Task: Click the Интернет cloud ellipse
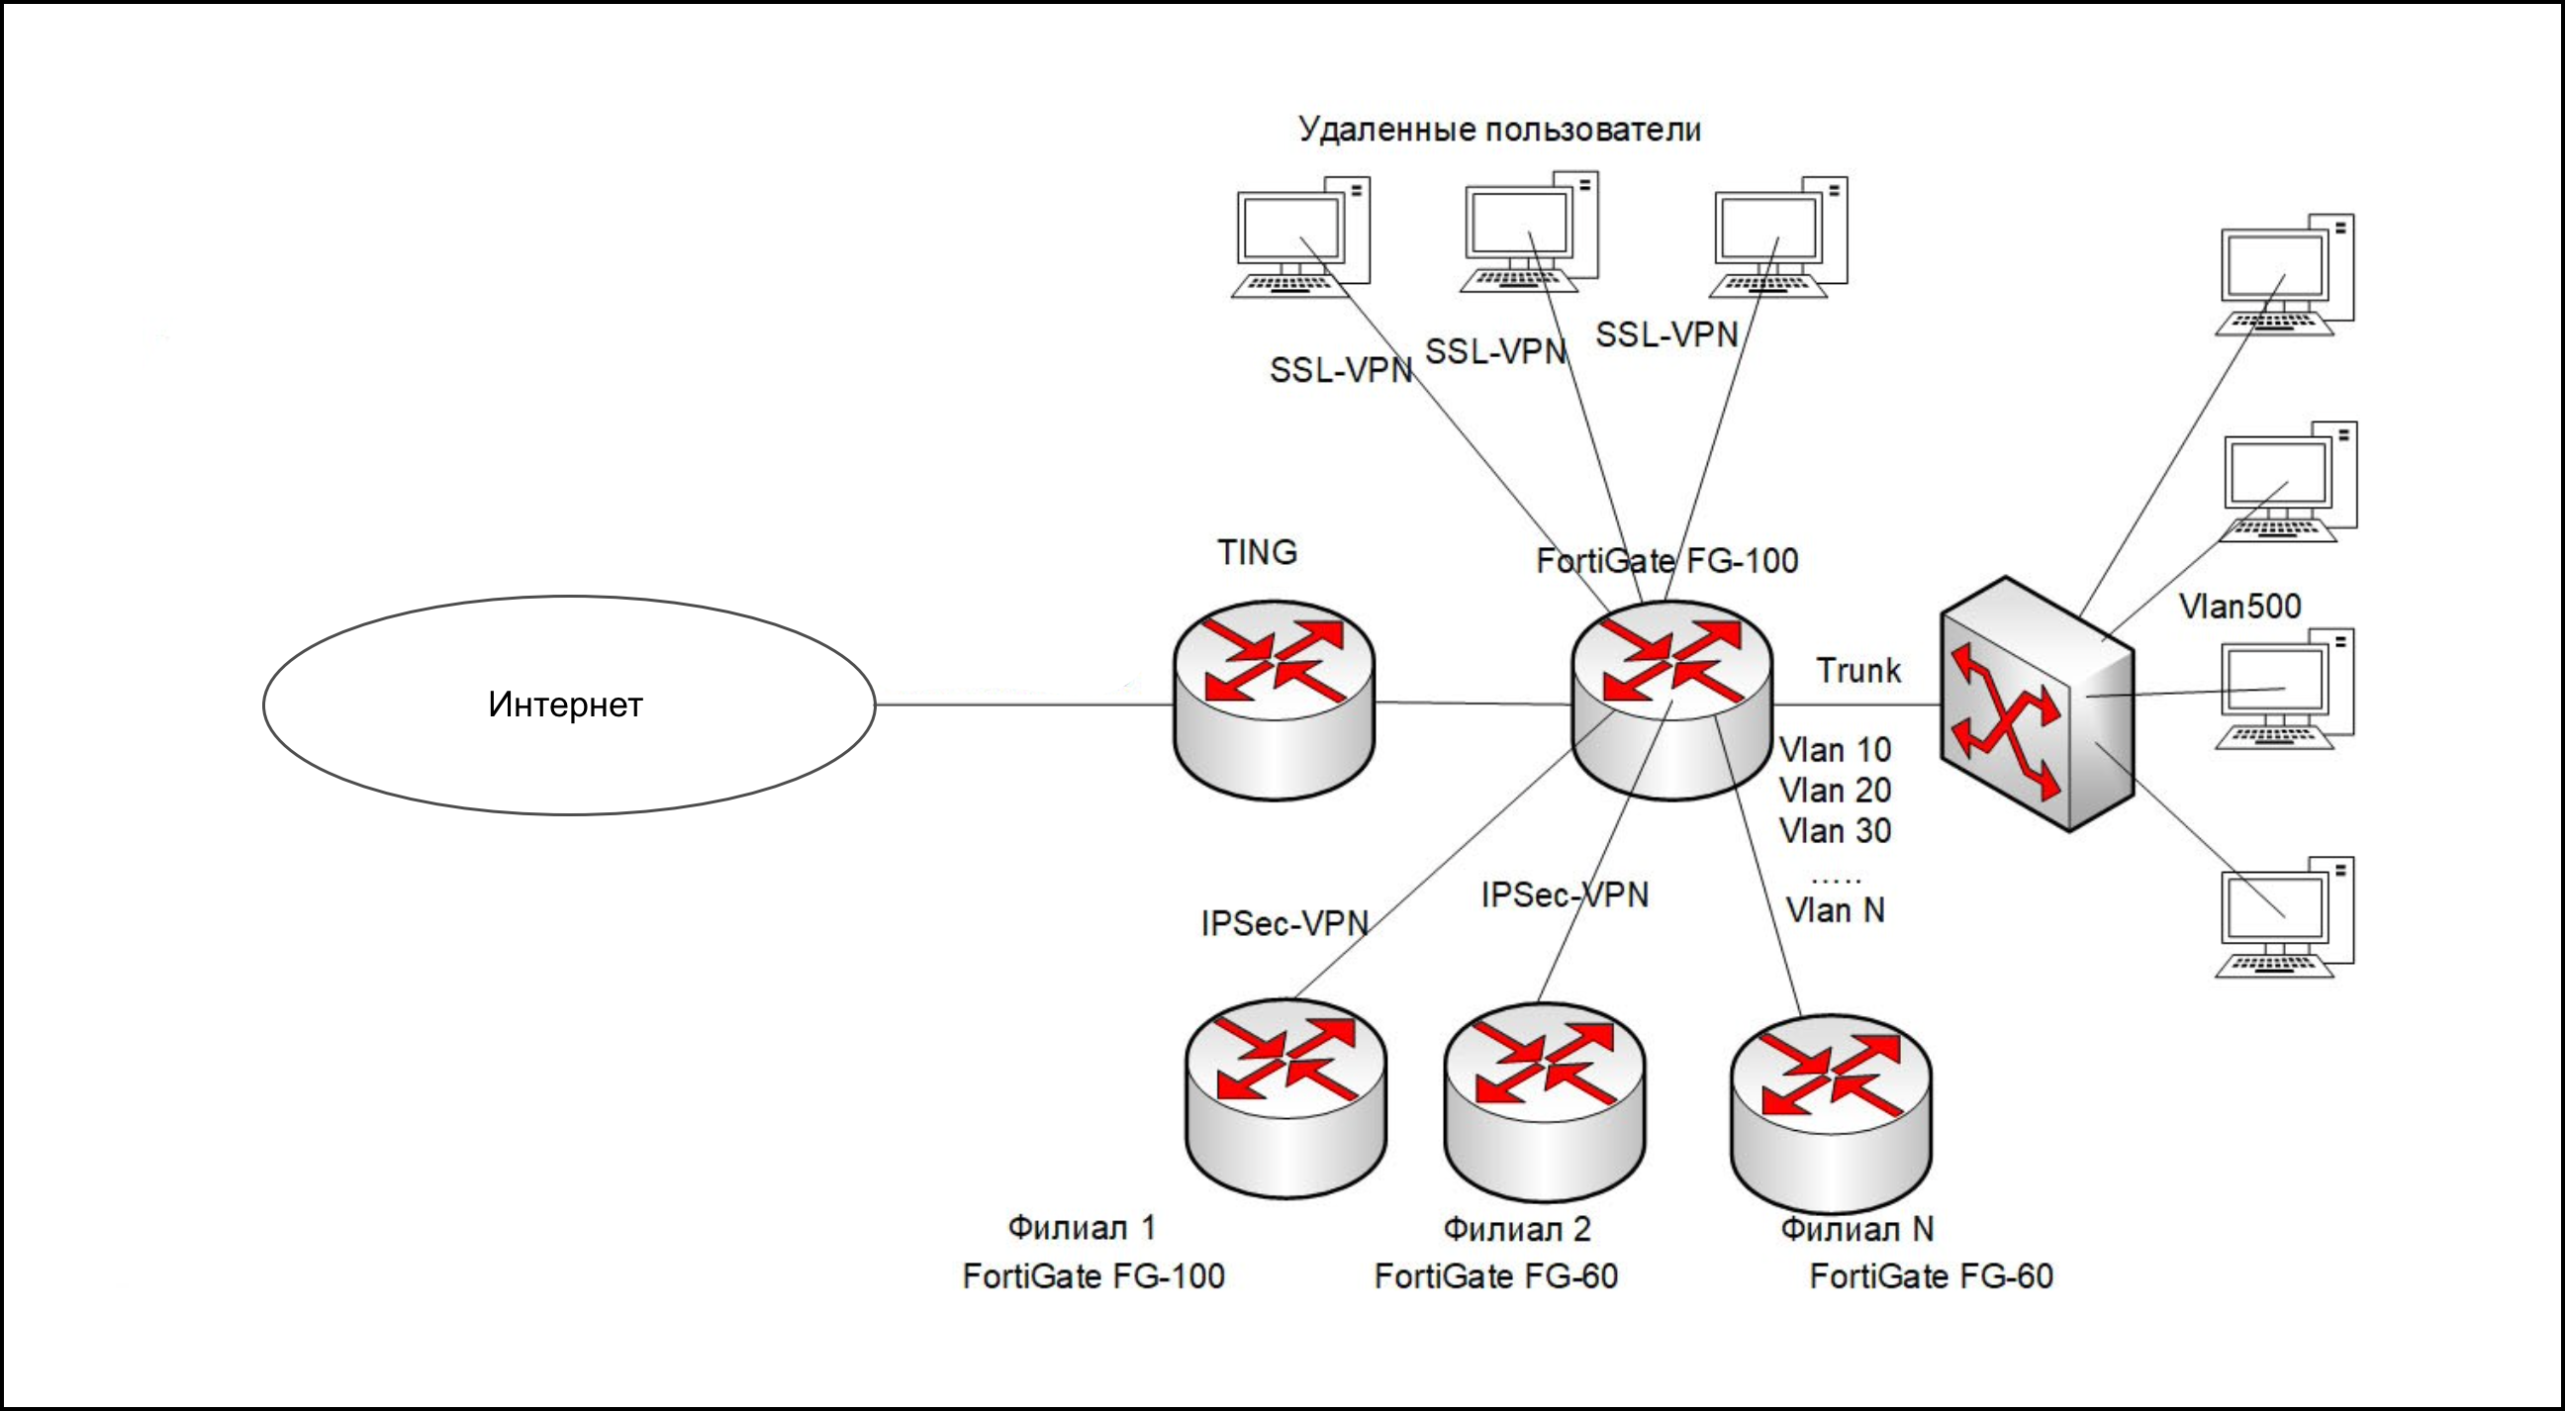569,705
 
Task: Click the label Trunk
1858,670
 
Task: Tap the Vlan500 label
2239,606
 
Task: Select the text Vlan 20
1834,790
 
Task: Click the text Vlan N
1834,910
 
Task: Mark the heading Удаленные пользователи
1499,130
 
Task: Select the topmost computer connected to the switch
2284,275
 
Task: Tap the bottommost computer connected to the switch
2284,917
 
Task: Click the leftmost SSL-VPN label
1340,369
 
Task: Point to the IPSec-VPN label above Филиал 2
1565,894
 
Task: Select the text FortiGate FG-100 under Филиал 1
1093,1275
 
